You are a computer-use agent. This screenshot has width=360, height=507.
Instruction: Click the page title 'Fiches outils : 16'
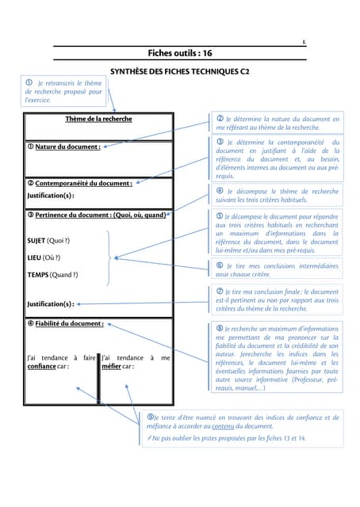[x=180, y=53]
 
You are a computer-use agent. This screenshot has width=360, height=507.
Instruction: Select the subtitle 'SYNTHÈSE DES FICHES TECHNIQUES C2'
[x=180, y=71]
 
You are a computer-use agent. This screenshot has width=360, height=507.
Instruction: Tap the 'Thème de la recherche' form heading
[x=98, y=120]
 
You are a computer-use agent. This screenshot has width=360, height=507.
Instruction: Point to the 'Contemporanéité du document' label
[x=79, y=183]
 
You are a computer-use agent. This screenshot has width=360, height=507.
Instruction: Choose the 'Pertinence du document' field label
[x=97, y=215]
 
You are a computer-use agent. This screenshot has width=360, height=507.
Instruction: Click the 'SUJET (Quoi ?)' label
[x=48, y=240]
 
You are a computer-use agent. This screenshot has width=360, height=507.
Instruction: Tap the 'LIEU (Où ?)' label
[x=44, y=257]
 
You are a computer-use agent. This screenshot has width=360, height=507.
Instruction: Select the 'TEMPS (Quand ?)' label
[x=52, y=275]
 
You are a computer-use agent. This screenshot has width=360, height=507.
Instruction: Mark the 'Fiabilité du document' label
[x=66, y=323]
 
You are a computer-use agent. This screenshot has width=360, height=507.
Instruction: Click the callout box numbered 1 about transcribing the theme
[x=63, y=92]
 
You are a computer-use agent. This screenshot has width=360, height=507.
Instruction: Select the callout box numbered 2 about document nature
[x=277, y=123]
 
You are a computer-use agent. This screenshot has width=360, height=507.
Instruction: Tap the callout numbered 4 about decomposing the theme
[x=277, y=196]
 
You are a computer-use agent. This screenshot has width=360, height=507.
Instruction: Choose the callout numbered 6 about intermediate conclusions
[x=277, y=269]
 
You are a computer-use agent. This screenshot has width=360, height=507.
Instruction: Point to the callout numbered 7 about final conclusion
[x=277, y=300]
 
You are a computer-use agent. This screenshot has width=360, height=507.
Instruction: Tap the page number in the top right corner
[x=304, y=42]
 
